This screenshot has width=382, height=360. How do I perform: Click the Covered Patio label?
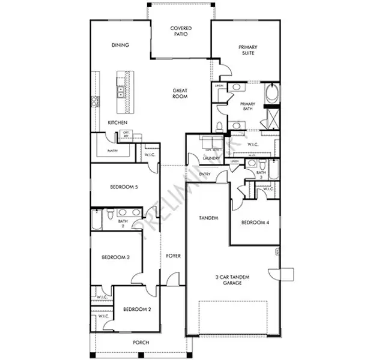coord(181,31)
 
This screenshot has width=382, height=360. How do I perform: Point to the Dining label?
coord(121,45)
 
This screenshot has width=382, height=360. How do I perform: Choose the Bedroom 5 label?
coord(124,187)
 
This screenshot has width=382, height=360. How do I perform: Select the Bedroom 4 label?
coord(255,223)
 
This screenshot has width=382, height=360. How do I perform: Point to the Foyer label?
coord(173,256)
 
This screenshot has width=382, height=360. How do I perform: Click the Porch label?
coord(141,343)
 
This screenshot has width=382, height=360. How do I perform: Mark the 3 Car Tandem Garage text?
coord(232,280)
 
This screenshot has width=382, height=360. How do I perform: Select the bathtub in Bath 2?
coord(96,220)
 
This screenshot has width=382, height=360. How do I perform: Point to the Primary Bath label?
coord(249,107)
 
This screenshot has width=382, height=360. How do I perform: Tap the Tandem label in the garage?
coord(208,217)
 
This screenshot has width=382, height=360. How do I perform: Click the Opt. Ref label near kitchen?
coord(126,134)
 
